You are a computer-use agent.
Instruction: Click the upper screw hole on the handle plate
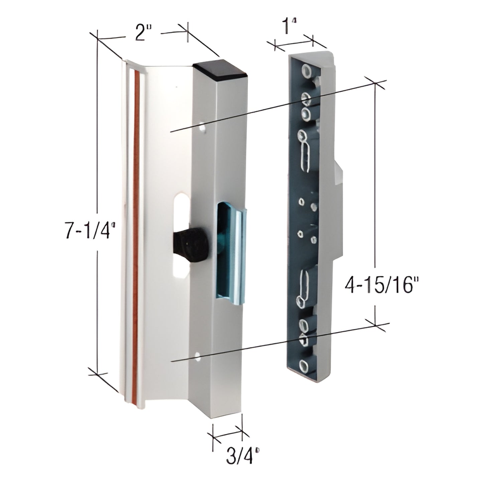(x=202, y=128)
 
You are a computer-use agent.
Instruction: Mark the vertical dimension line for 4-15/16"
(x=375, y=201)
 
